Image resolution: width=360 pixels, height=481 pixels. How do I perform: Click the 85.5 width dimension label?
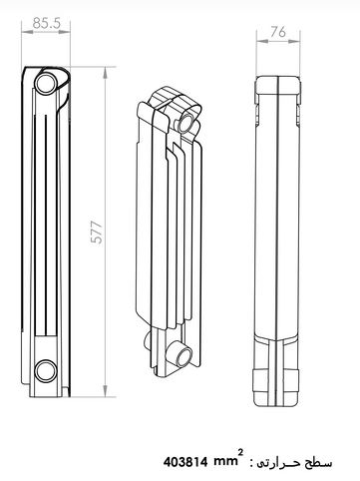coord(46,23)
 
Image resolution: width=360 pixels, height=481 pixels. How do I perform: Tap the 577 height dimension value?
coord(97,232)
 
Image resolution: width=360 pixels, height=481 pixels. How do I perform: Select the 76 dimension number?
coord(278,32)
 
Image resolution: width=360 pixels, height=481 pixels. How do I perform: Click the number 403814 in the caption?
coord(185,462)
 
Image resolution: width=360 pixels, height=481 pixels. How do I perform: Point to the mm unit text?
coord(225,462)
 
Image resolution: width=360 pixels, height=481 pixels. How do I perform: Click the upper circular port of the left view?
coord(46,84)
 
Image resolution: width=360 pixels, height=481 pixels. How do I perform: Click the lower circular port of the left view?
coord(46,370)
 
